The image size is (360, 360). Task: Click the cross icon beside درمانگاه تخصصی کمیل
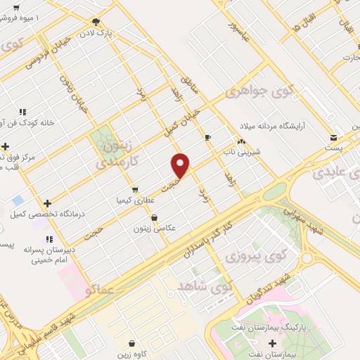(x=47, y=202)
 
